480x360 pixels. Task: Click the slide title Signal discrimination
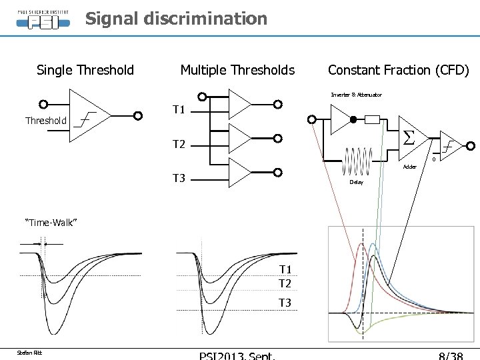tap(176, 19)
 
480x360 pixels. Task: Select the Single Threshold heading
tap(85, 70)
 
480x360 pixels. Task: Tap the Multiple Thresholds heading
tap(237, 70)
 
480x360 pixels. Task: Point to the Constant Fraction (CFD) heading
tap(399, 70)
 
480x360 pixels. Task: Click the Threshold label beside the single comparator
tap(46, 121)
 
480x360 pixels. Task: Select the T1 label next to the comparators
tap(179, 109)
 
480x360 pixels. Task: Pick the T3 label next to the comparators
tap(179, 178)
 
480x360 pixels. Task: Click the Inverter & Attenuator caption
tap(357, 95)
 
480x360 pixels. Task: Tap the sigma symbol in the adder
tap(409, 138)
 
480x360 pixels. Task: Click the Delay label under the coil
tap(357, 182)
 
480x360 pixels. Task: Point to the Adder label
tap(409, 167)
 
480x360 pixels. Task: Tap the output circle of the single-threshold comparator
tap(138, 115)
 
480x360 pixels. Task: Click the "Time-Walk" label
tap(51, 221)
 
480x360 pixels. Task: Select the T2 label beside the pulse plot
tap(285, 283)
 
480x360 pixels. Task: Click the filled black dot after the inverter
tap(355, 120)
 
